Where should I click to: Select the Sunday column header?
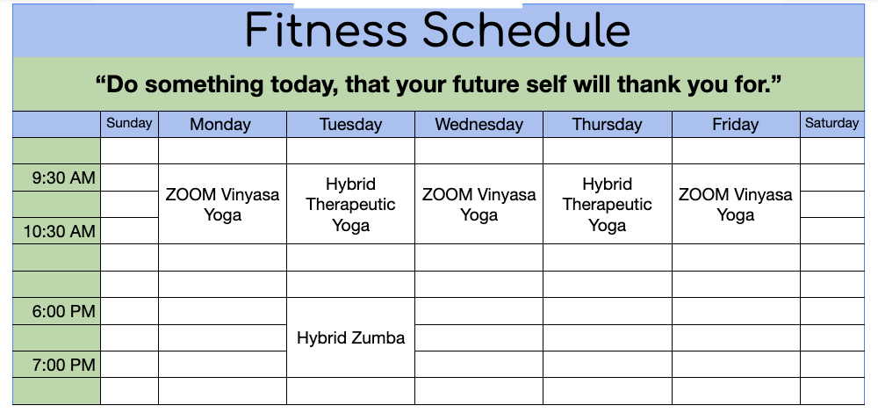[x=129, y=123]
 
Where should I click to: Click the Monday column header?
[x=220, y=125]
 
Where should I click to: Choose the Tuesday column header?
[x=350, y=125]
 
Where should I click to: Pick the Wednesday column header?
[x=479, y=125]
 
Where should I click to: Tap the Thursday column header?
[x=607, y=125]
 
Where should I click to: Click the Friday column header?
[x=735, y=125]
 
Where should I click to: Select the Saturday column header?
[x=831, y=123]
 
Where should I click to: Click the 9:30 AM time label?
[x=64, y=178]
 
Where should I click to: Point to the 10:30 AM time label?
[x=60, y=231]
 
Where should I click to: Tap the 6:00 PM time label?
[x=64, y=311]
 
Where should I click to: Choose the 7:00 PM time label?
[x=64, y=365]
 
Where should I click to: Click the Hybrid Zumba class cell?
[x=350, y=338]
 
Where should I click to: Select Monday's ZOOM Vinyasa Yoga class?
[x=222, y=205]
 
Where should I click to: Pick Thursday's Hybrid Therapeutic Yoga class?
[x=607, y=205]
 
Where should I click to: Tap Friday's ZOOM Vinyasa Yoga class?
[x=735, y=205]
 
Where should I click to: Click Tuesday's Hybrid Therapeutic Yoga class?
[x=350, y=205]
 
